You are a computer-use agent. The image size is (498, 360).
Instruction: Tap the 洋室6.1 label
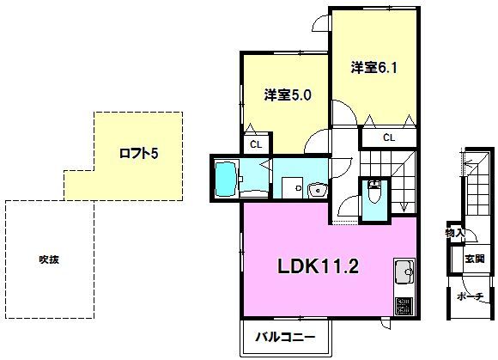(373, 67)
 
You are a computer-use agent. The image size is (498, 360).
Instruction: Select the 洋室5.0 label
(288, 95)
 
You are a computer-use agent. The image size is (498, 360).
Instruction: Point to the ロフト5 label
(138, 154)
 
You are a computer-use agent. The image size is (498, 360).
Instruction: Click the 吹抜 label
(49, 259)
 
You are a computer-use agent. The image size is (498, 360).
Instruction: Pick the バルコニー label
(286, 337)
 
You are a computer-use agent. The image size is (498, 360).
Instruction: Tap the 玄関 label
(475, 259)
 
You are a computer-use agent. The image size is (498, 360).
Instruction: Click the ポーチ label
(471, 296)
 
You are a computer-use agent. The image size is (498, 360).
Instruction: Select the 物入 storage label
(455, 233)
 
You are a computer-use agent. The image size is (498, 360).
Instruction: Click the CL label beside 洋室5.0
(256, 145)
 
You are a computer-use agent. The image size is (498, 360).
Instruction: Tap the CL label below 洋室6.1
(389, 137)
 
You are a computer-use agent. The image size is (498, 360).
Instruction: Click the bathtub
(227, 179)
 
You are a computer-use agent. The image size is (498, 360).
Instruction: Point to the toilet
(374, 191)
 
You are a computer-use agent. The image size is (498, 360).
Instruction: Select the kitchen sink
(404, 272)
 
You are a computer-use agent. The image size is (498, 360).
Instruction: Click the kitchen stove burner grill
(404, 306)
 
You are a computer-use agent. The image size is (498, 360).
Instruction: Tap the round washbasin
(318, 191)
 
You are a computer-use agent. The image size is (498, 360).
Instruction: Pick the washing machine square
(293, 188)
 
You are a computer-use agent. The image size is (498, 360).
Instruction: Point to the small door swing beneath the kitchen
(386, 324)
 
